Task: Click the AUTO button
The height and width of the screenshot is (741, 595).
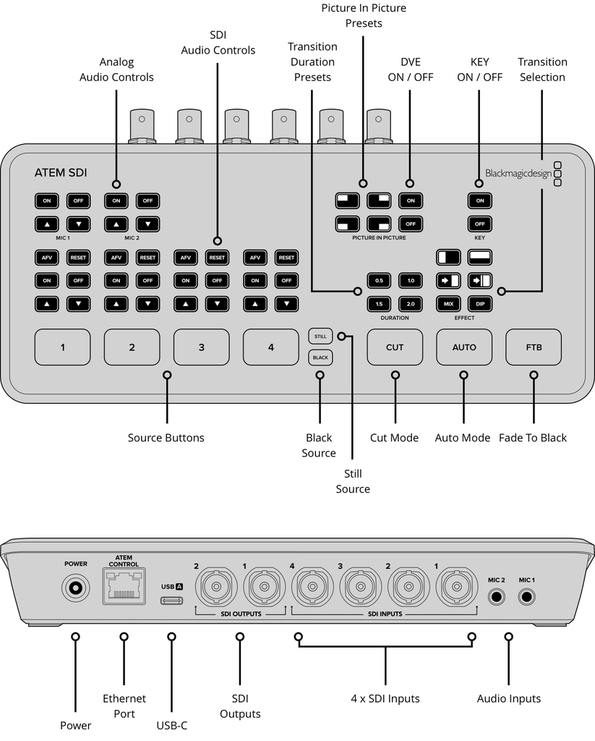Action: (x=464, y=347)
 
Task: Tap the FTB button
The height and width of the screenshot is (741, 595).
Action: (x=534, y=347)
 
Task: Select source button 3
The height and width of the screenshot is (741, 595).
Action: (x=201, y=347)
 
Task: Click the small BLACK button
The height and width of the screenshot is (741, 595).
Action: (x=320, y=357)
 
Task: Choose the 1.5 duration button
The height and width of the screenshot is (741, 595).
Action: (x=379, y=303)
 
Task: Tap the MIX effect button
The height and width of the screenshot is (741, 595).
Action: (x=448, y=303)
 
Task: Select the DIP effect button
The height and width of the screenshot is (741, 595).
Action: (x=480, y=303)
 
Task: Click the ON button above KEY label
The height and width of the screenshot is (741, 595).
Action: (x=480, y=200)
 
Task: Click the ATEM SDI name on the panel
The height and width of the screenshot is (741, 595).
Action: (x=61, y=173)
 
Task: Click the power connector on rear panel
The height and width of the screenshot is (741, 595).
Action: (x=75, y=588)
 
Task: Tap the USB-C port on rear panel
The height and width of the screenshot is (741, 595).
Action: (x=172, y=601)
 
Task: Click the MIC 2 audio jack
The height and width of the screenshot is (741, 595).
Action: (x=497, y=597)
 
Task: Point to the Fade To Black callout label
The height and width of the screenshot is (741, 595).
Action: (x=533, y=438)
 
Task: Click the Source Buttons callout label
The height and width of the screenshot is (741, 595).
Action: (x=166, y=438)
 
